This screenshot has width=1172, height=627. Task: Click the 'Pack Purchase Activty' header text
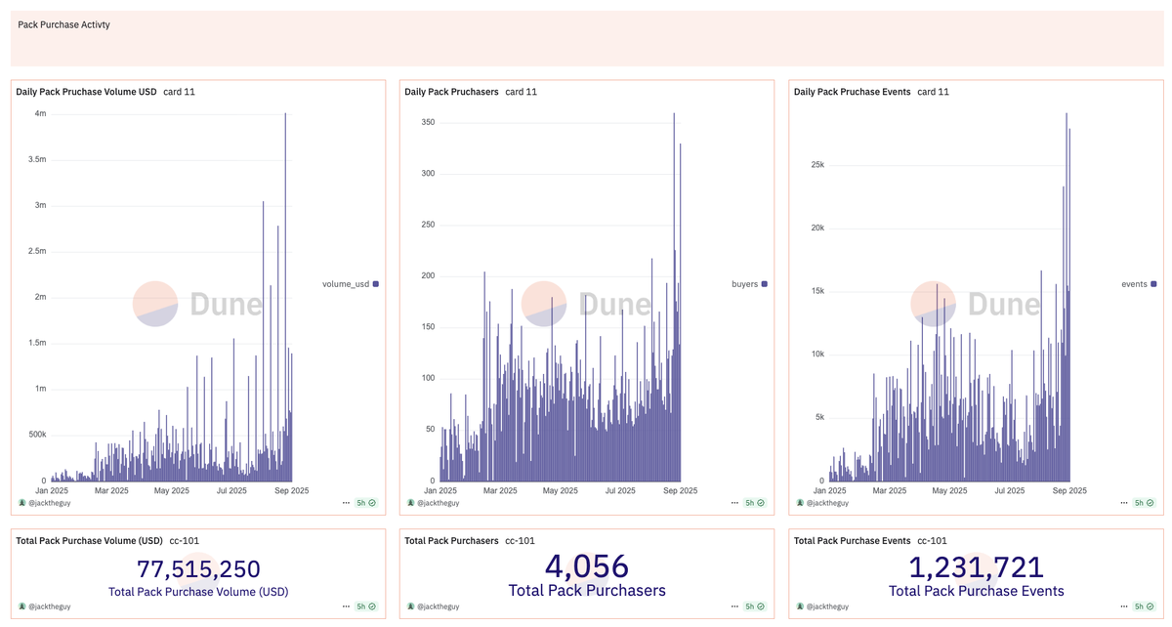[x=63, y=24]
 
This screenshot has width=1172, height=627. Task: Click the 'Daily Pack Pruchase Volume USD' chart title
[x=86, y=92]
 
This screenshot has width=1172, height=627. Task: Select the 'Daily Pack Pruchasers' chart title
[x=450, y=92]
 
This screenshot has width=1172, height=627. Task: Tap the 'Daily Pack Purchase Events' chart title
[x=852, y=92]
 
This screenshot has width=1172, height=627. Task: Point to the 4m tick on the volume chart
[x=39, y=113]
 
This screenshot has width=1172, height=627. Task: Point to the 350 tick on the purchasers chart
[x=427, y=123]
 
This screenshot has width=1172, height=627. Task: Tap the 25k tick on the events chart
[x=816, y=165]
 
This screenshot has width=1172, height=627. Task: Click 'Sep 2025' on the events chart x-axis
[x=1069, y=491]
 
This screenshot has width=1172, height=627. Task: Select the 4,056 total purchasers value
[x=586, y=566]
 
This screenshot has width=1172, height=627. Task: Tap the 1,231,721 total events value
[x=976, y=566]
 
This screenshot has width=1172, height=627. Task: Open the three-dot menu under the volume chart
[x=346, y=503]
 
